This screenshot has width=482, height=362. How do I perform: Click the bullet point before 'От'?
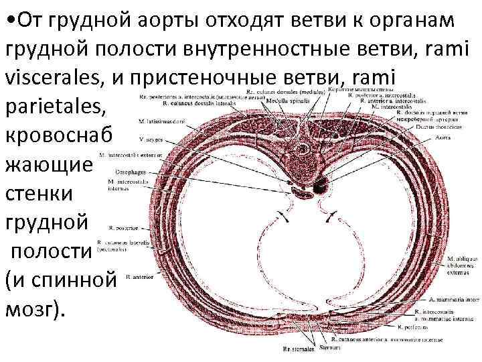coord(8,20)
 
